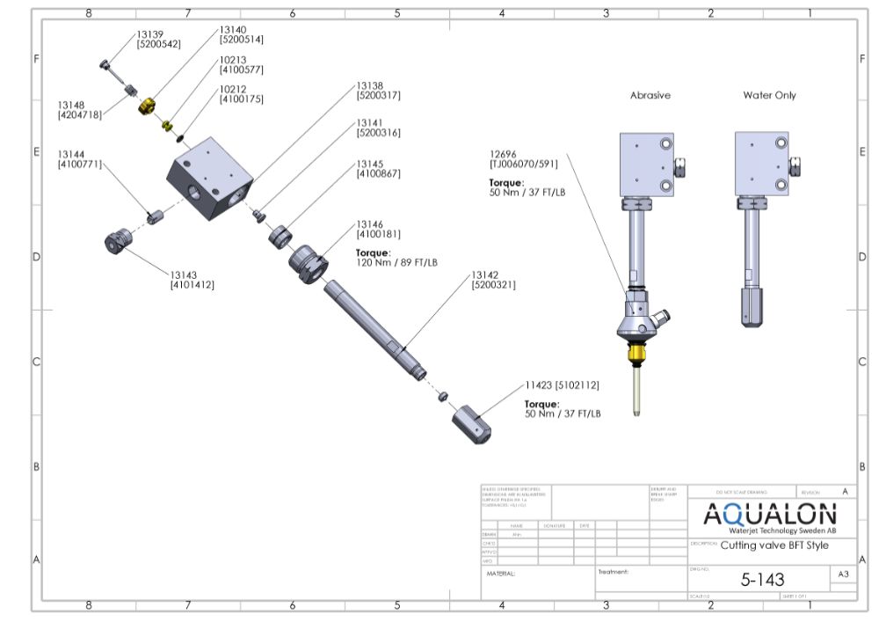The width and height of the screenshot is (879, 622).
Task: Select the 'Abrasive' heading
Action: (650, 95)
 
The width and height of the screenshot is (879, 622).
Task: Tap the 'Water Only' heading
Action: (769, 95)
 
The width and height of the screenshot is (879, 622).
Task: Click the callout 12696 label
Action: (505, 152)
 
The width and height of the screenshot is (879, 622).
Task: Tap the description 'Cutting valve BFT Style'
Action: (774, 545)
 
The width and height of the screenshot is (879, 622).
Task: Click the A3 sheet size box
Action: (842, 574)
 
